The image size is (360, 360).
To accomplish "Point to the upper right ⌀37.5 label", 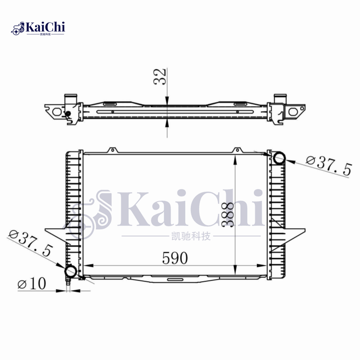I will [x=328, y=166].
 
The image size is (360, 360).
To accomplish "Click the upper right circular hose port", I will [x=279, y=157].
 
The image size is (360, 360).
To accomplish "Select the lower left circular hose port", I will [x=71, y=271].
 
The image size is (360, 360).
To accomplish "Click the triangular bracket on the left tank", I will [x=56, y=229].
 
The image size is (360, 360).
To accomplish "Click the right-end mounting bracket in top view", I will [x=295, y=111].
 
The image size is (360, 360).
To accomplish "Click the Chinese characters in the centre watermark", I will [x=191, y=236].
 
